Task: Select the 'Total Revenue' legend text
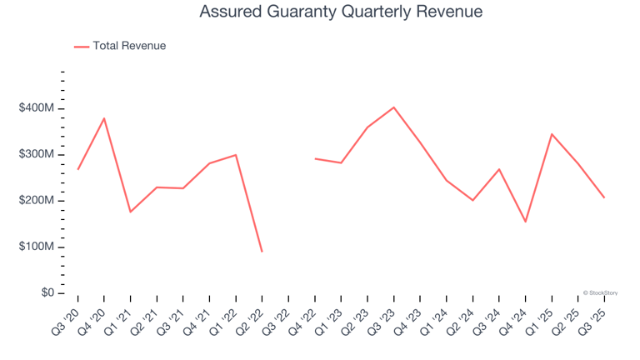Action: coord(129,46)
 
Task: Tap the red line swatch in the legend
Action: coord(82,47)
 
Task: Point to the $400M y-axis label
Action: coord(37,108)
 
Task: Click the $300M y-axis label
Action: coord(37,154)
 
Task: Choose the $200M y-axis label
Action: coord(37,201)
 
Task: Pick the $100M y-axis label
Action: coord(37,247)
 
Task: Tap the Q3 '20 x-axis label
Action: coord(67,319)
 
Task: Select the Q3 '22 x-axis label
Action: coord(277,319)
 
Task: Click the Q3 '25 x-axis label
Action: coord(593,319)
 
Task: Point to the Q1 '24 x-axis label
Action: coord(435,319)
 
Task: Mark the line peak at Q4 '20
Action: coord(104,118)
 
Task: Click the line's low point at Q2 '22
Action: coord(262,251)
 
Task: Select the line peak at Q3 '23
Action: coord(394,107)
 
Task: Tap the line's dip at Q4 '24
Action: coord(526,222)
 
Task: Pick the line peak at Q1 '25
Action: coord(552,134)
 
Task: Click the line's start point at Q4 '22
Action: coord(315,158)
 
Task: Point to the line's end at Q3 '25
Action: coord(604,197)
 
